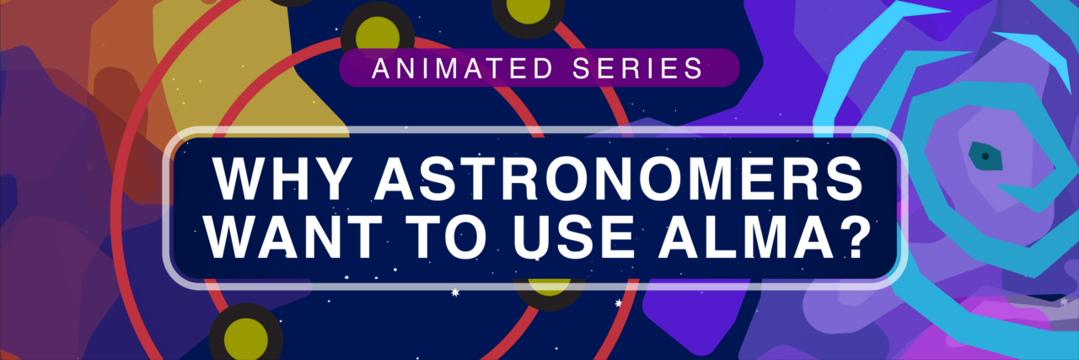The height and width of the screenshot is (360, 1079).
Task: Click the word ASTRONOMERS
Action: point(608,179)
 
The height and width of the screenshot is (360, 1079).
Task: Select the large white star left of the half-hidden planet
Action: point(457,293)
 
